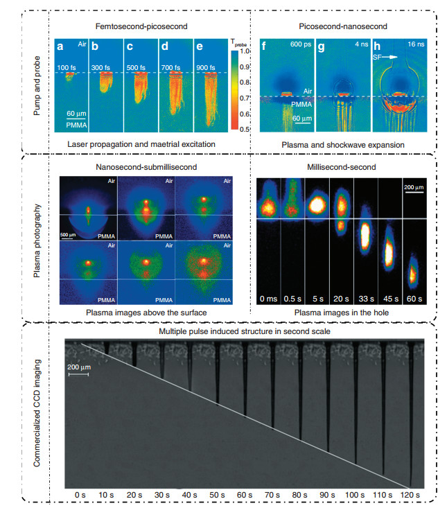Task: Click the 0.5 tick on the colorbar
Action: point(243,129)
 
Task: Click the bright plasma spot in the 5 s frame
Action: point(317,205)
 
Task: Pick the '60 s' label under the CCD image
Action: point(245,495)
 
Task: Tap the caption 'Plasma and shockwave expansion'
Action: point(343,143)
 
